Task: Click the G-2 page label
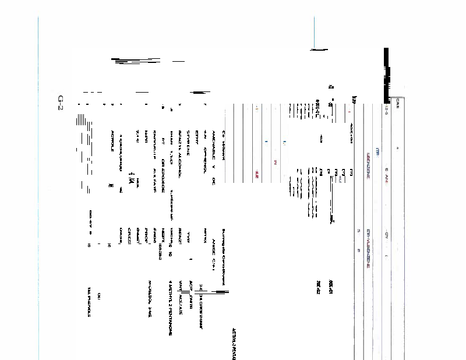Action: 60,103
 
